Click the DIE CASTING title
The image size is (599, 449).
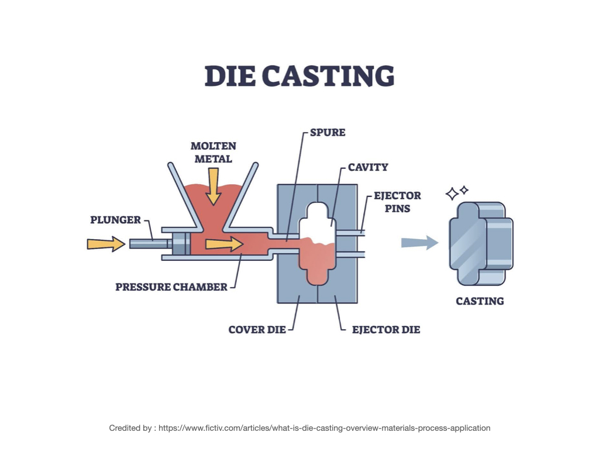[x=299, y=76]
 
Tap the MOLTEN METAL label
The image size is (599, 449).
[x=213, y=152]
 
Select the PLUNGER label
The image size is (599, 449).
[x=115, y=220]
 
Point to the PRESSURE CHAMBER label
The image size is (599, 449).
[x=171, y=287]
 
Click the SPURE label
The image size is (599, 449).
[x=328, y=133]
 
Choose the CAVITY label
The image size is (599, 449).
[x=367, y=167]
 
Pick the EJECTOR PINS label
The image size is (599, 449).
[x=397, y=202]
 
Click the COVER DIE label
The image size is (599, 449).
[x=257, y=330]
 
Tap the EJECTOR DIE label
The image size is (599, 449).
[x=385, y=330]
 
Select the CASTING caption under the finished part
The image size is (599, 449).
[x=480, y=301]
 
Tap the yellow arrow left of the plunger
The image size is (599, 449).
[x=106, y=243]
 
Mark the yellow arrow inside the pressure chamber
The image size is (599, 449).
[x=224, y=243]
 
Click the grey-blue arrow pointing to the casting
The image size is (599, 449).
[x=419, y=242]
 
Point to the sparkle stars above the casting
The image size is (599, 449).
[x=457, y=192]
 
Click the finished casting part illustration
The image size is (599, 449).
[x=481, y=243]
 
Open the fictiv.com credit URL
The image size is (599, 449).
[x=324, y=428]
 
